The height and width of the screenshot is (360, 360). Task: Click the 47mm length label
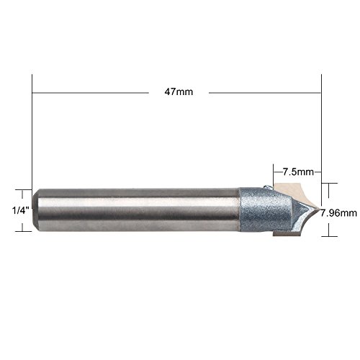(179, 92)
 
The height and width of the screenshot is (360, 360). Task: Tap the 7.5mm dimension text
(298, 172)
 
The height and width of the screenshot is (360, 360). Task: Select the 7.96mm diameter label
(338, 213)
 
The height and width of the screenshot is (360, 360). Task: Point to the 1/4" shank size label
(21, 211)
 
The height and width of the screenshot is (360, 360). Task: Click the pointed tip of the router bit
(320, 210)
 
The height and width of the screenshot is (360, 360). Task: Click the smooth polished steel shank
(137, 210)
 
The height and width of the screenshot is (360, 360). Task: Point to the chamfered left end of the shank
(35, 210)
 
